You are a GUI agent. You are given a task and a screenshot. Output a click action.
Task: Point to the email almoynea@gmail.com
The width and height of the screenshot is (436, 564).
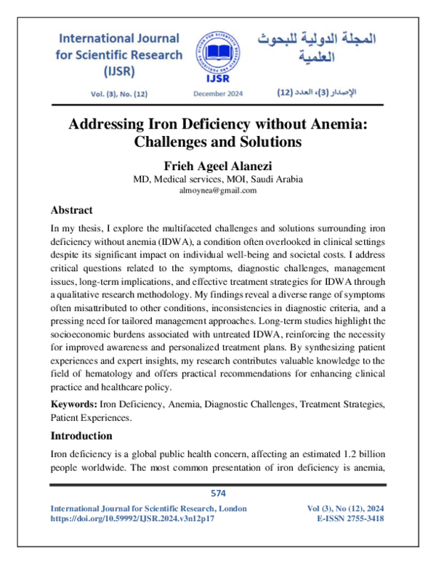[x=217, y=190]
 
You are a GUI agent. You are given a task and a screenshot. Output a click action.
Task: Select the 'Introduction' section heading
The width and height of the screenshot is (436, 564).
[x=81, y=436]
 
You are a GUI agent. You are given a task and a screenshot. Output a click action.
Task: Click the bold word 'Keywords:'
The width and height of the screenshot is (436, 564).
[x=74, y=403]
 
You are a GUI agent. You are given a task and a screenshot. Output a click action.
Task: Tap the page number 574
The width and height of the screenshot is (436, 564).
[x=218, y=493]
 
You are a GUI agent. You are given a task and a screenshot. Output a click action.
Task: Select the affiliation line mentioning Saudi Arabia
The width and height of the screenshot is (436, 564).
[x=217, y=179]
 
